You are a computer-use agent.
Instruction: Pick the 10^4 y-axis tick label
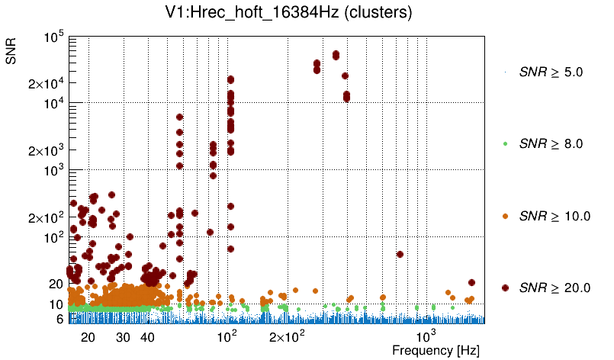pyautogui.click(x=53, y=104)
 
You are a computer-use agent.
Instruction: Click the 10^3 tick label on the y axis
pyautogui.click(x=53, y=171)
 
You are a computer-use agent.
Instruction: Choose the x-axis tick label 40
pyautogui.click(x=147, y=337)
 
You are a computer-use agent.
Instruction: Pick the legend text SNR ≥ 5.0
pyautogui.click(x=551, y=72)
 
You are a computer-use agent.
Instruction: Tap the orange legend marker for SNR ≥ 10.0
pyautogui.click(x=506, y=216)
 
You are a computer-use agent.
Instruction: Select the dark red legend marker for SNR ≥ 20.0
pyautogui.click(x=506, y=288)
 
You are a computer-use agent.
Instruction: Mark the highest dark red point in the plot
pyautogui.click(x=336, y=54)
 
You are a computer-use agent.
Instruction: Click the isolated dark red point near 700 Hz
pyautogui.click(x=400, y=254)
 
